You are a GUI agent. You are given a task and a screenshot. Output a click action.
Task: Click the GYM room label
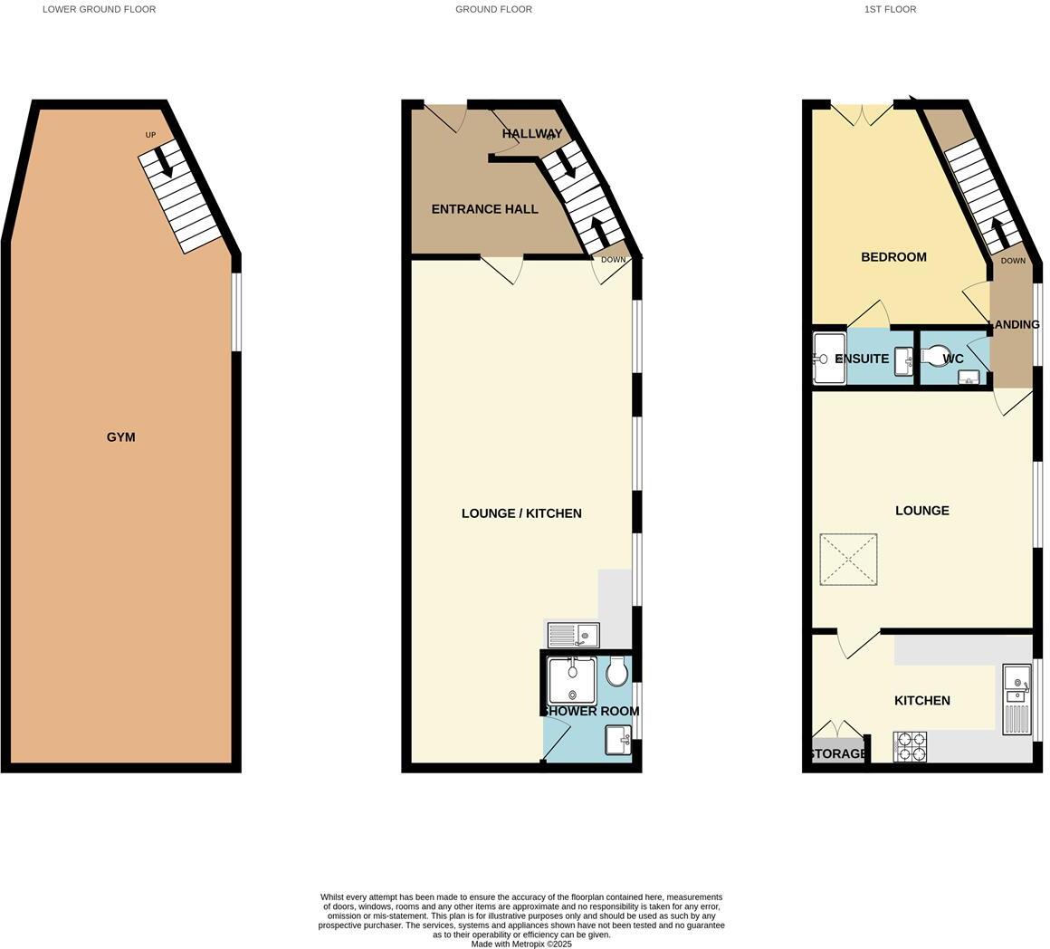pos(120,437)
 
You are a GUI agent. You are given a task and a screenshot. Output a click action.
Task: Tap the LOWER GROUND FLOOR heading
pos(99,9)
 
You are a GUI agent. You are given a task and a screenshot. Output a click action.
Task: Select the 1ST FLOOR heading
pos(890,9)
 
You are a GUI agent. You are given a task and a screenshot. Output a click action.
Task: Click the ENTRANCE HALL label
pos(484,209)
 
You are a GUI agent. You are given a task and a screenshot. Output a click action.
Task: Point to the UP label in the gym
pos(150,135)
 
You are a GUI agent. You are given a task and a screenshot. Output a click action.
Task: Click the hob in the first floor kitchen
pos(910,746)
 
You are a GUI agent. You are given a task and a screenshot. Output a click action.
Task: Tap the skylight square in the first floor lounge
pos(848,560)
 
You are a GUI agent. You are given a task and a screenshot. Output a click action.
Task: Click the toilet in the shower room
pos(617,672)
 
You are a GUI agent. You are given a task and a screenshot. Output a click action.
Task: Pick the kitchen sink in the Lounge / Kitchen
pos(573,635)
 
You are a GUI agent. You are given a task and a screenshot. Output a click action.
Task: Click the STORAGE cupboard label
pos(837,753)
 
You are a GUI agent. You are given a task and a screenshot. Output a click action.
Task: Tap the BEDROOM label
pos(893,257)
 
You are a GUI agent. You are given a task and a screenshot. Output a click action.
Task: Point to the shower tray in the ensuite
pos(828,359)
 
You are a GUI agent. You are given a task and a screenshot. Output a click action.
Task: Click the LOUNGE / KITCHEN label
pos(521,513)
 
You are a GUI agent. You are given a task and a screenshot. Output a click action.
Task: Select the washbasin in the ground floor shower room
pos(618,739)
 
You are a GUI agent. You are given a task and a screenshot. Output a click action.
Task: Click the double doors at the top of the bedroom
pos(862,114)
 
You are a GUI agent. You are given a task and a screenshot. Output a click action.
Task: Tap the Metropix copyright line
pos(521,944)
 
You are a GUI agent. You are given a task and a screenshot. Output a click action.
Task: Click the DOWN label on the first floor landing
pos(1013,261)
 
